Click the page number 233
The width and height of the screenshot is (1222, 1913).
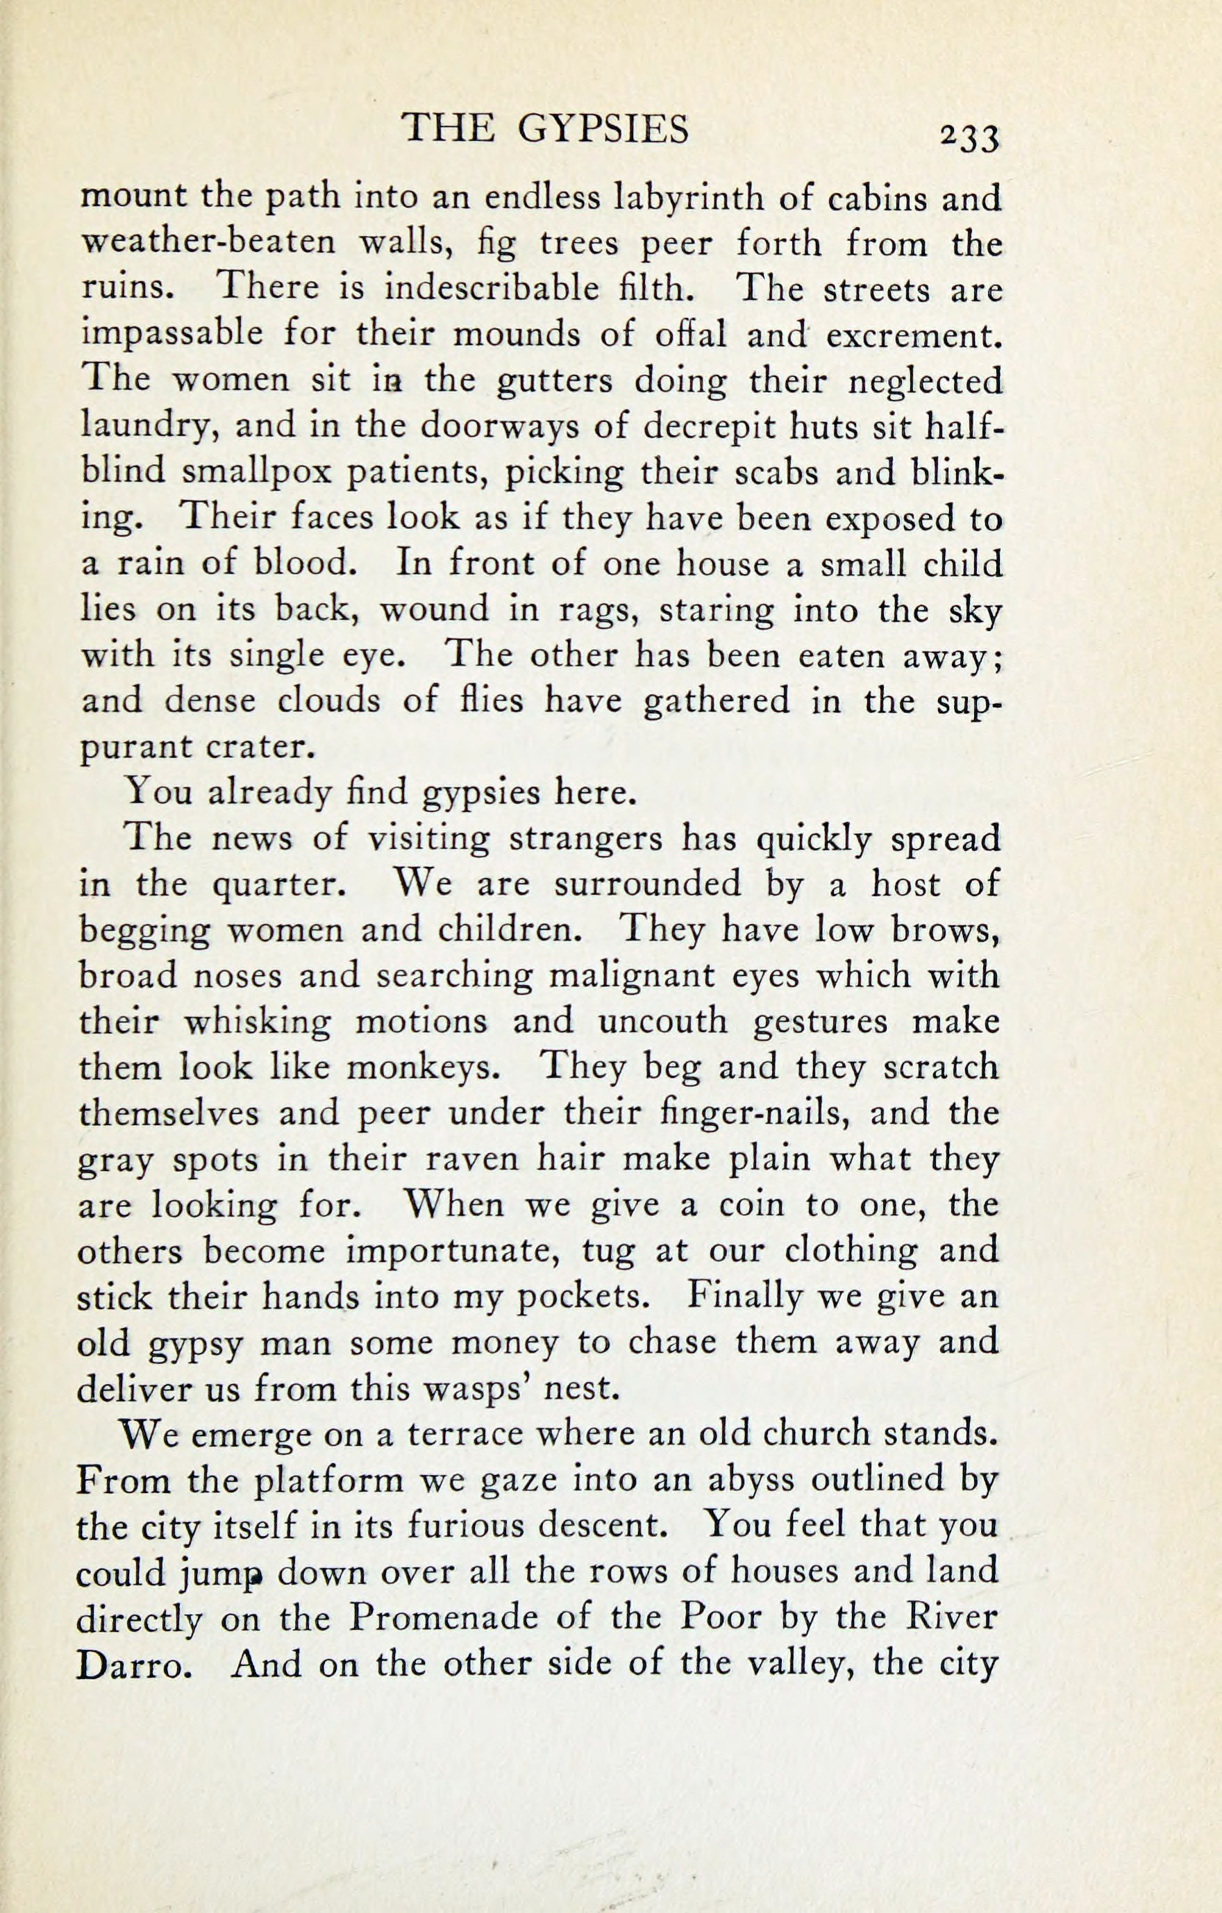click(x=969, y=138)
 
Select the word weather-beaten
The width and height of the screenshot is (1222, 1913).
click(x=209, y=242)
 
